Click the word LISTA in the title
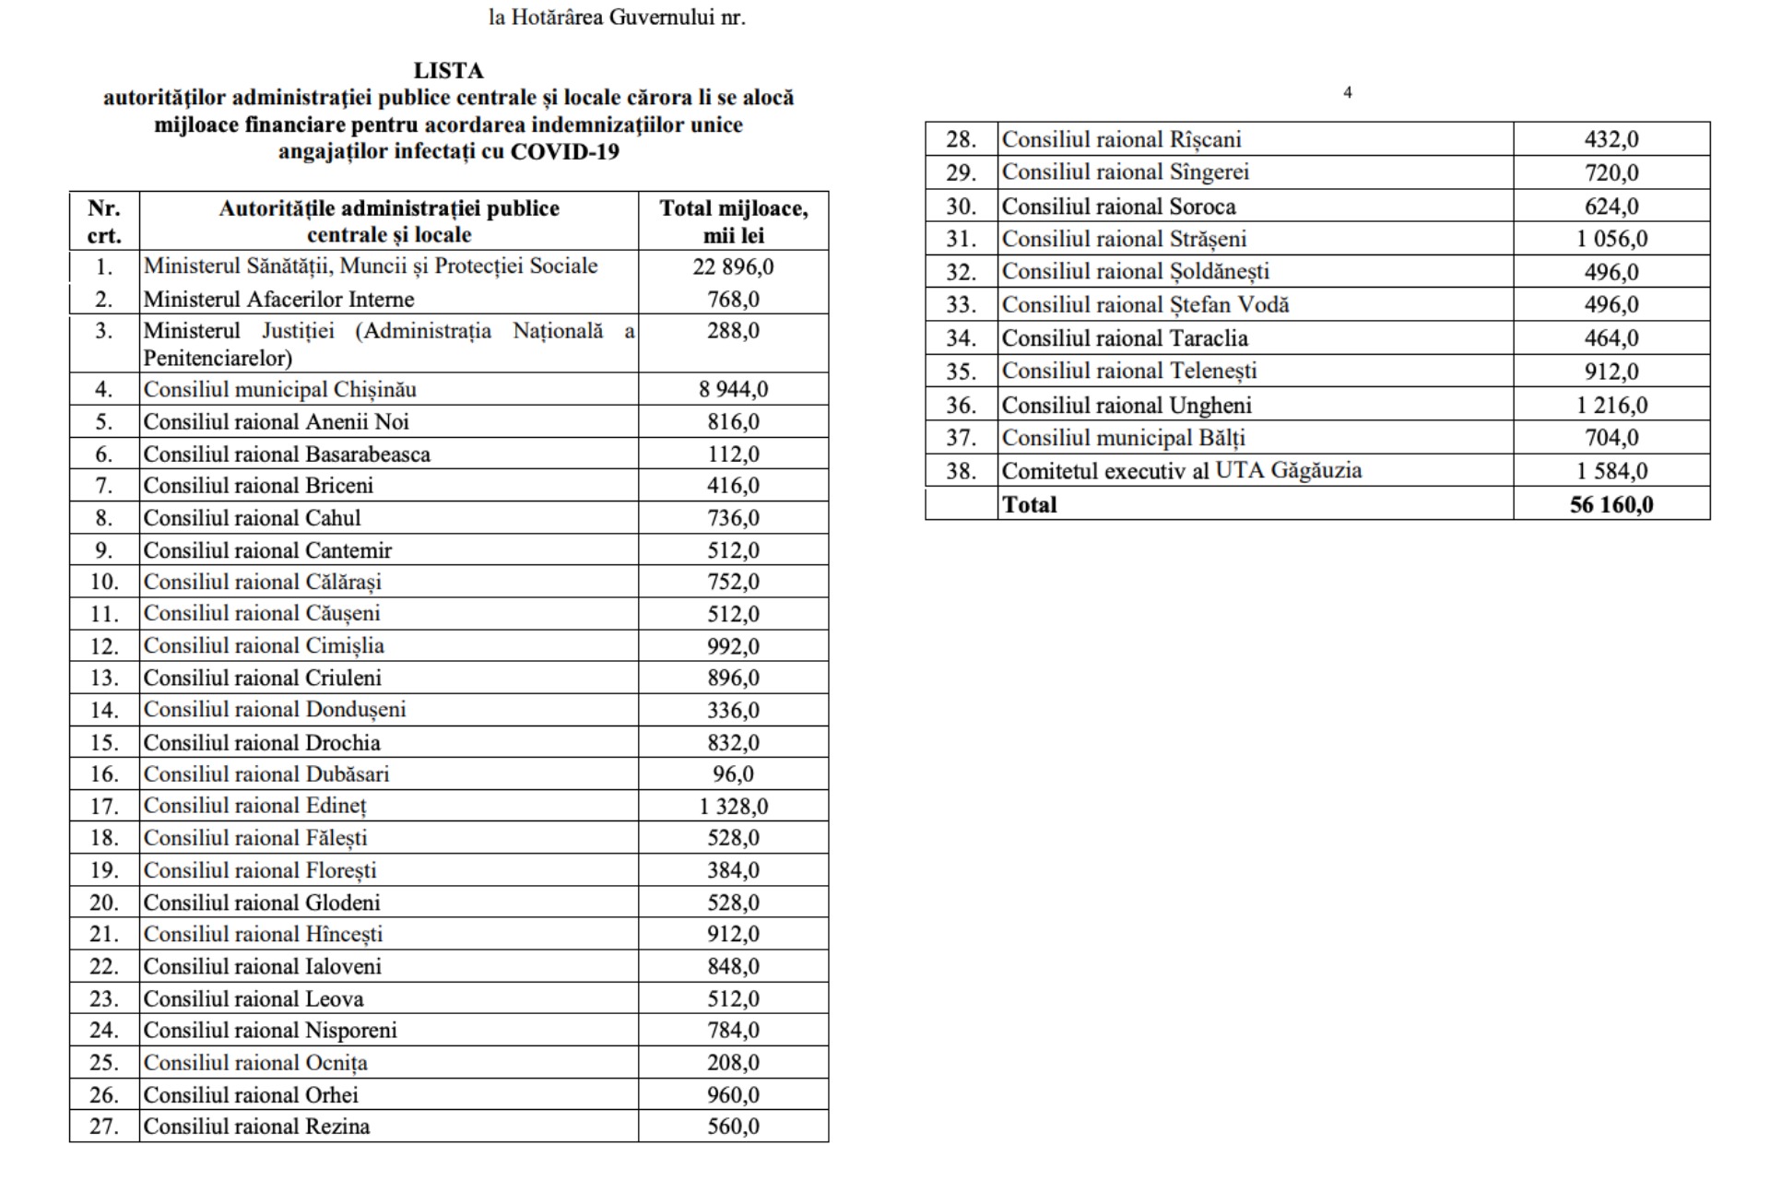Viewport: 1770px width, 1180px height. point(448,71)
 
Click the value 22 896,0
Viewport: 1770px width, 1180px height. point(733,267)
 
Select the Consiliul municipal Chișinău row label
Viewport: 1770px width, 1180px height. point(280,390)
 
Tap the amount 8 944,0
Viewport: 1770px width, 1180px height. point(733,390)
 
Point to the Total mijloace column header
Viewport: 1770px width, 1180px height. point(733,221)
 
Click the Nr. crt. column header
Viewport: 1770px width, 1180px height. point(104,221)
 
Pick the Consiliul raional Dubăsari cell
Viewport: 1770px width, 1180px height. point(266,774)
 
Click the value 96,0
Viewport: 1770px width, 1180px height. point(733,774)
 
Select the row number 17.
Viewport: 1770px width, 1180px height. point(104,807)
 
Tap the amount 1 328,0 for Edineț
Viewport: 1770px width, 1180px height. point(733,807)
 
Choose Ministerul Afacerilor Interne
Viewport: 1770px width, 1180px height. point(278,300)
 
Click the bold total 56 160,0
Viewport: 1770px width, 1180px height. point(1611,505)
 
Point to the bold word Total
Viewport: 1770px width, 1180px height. point(1029,505)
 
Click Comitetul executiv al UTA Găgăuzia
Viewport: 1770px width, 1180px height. point(1181,471)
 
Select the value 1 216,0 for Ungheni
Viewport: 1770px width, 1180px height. point(1611,406)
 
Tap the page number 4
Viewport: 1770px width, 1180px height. point(1348,92)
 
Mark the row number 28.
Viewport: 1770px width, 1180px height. point(961,140)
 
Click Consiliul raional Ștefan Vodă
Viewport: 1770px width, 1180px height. point(1145,305)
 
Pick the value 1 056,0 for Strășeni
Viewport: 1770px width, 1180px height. point(1611,240)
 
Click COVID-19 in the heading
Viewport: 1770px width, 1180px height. point(564,152)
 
